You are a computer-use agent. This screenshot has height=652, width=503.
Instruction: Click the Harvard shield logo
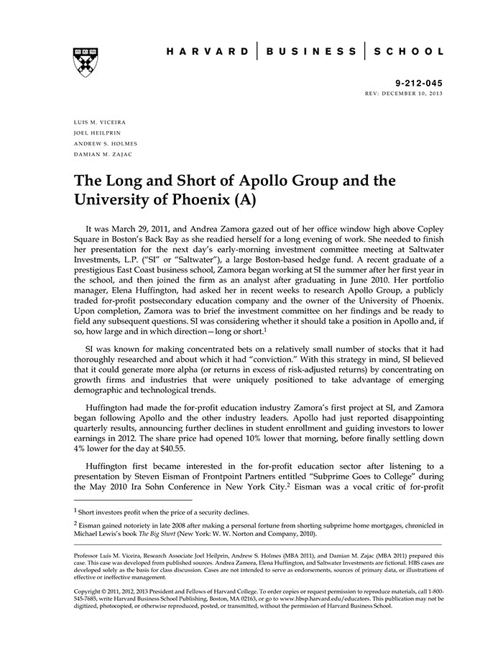click(86, 62)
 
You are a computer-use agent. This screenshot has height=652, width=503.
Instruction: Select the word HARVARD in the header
click(208, 52)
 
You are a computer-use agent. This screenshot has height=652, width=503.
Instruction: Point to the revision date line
click(405, 94)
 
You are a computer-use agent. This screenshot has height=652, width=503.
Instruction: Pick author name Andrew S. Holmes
click(105, 144)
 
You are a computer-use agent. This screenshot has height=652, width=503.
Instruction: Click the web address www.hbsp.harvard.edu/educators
click(321, 599)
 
